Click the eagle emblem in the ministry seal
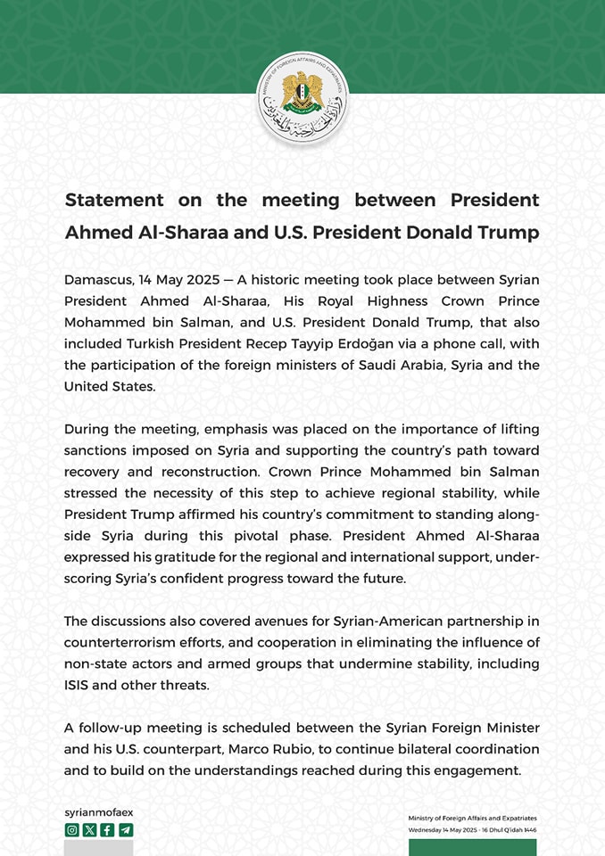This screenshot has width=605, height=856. [302, 92]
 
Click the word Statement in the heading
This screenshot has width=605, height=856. [114, 200]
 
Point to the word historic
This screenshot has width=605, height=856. [282, 280]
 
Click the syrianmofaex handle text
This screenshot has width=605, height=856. [99, 812]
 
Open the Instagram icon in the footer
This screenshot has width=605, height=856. [71, 830]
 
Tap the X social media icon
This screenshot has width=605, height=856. [89, 830]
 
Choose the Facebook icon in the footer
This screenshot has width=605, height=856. [107, 830]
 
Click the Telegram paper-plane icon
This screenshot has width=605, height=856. [125, 830]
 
